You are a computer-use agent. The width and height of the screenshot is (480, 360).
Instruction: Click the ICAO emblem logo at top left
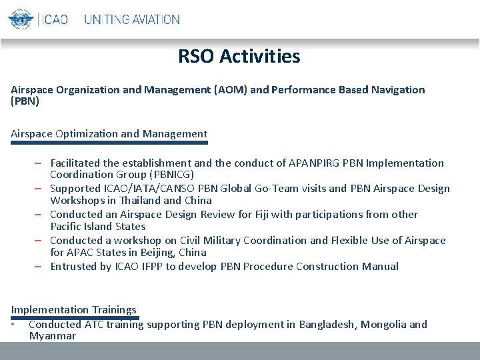(x=21, y=18)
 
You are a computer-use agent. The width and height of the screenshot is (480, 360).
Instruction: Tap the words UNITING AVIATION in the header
(x=132, y=19)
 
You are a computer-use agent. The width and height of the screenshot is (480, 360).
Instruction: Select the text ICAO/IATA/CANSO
(x=151, y=188)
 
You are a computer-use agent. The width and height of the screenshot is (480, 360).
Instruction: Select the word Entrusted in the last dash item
(x=74, y=266)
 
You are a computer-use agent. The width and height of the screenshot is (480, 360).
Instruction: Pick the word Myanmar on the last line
(x=52, y=336)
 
